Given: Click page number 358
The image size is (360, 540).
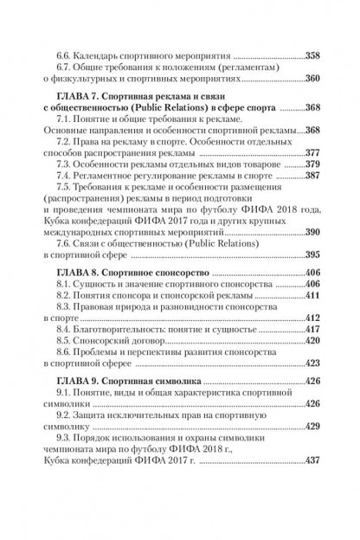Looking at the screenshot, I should click(x=309, y=54).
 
